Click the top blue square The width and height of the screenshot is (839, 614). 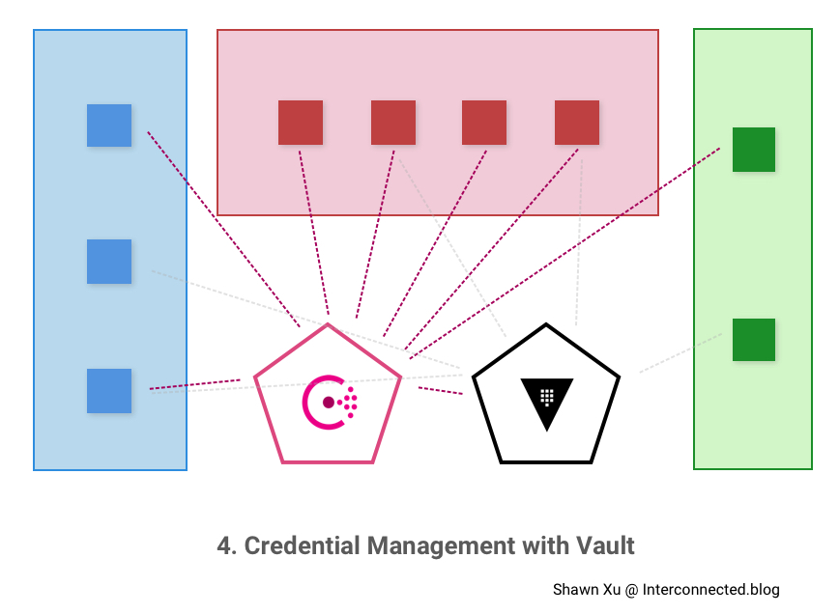(x=109, y=126)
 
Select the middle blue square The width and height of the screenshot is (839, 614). (x=109, y=262)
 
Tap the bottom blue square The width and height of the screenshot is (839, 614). (x=109, y=391)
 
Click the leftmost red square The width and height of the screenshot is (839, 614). (x=301, y=123)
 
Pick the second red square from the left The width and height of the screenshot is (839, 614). (x=393, y=123)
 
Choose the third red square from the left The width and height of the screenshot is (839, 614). (x=484, y=123)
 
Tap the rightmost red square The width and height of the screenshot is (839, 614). (x=577, y=123)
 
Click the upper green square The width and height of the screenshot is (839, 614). (x=754, y=150)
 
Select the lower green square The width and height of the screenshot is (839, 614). (x=754, y=340)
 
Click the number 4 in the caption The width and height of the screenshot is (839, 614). (x=224, y=545)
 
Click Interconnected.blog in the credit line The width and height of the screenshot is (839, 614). (x=710, y=590)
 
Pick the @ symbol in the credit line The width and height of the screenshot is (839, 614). (x=631, y=590)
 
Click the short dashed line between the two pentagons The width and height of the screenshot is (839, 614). (x=441, y=391)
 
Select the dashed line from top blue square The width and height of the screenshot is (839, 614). (x=222, y=228)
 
